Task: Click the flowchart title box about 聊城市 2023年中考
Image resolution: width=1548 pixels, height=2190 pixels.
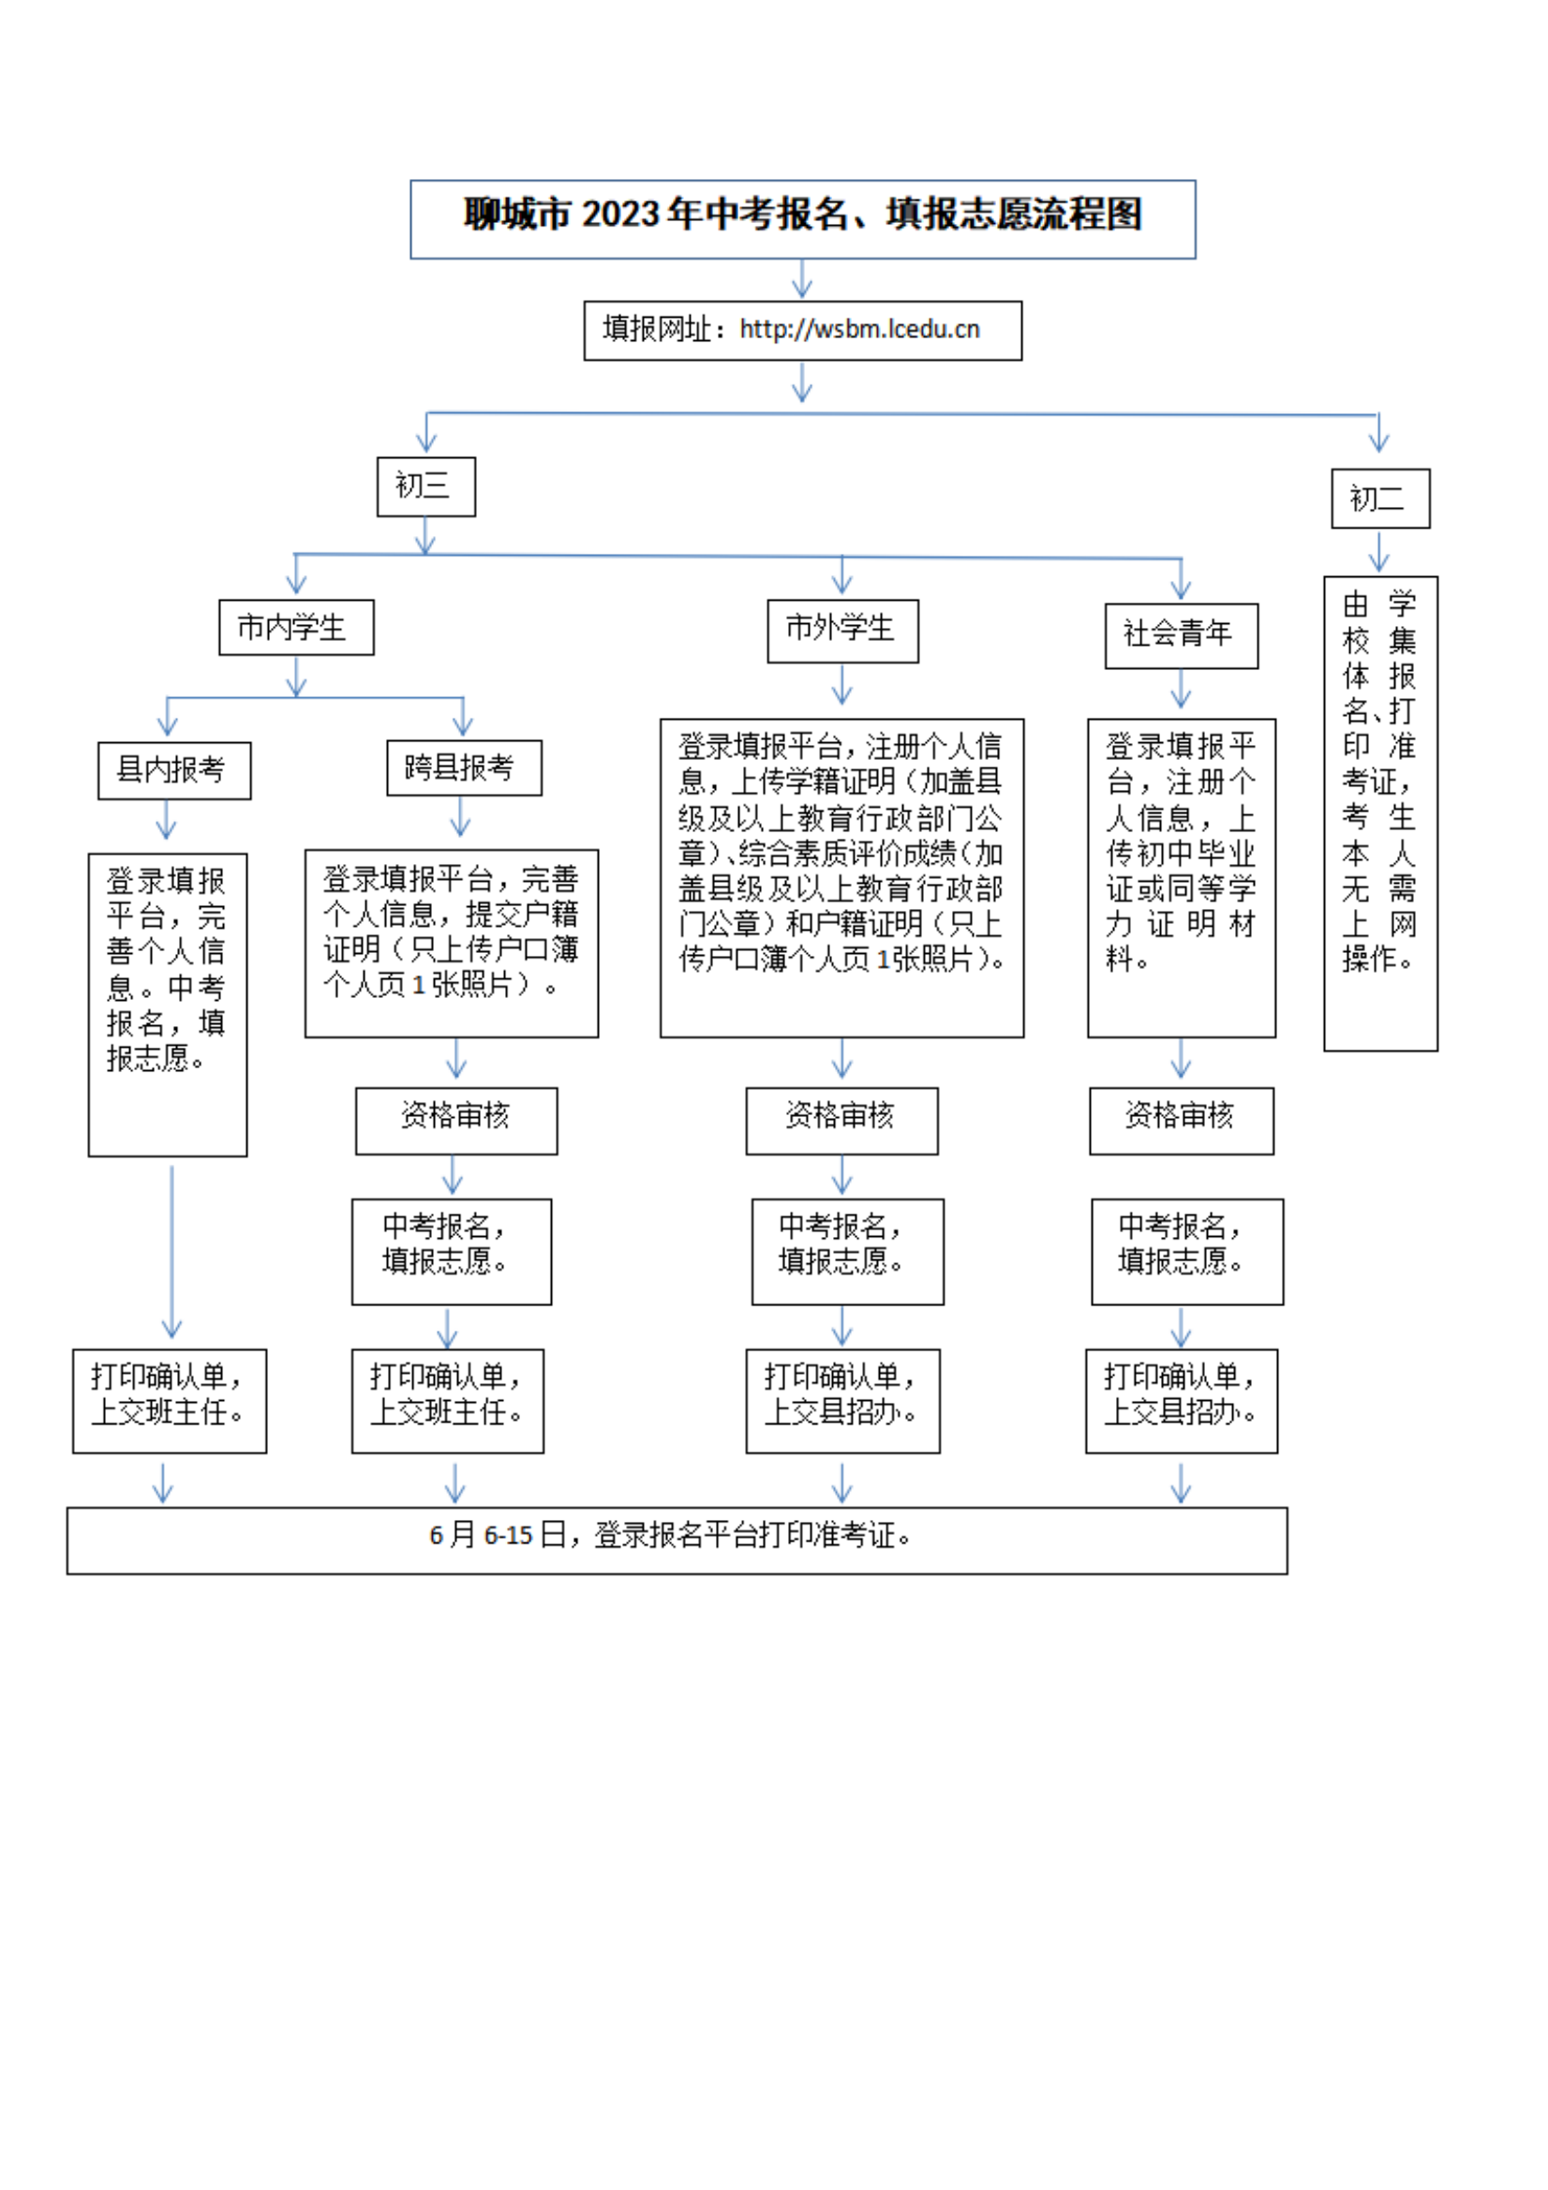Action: coord(802,218)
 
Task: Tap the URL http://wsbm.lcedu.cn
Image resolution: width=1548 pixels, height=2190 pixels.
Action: coord(858,330)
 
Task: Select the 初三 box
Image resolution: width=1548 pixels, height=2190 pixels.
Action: coord(425,486)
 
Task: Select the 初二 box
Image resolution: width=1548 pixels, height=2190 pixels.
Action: coord(1379,498)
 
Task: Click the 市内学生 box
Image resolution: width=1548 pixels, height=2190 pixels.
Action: coord(296,628)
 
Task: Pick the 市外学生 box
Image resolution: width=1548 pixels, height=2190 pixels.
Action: coord(842,631)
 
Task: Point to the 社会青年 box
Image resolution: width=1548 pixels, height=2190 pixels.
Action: coord(1181,635)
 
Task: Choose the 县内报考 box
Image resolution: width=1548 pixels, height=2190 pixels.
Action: coord(173,770)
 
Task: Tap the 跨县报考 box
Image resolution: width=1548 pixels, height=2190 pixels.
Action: coord(464,767)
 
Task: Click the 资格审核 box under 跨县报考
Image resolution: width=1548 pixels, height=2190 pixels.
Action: coord(456,1121)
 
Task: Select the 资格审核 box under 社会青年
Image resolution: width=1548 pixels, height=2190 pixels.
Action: coord(1181,1121)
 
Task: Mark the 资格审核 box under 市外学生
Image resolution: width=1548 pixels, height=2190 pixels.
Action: coord(841,1121)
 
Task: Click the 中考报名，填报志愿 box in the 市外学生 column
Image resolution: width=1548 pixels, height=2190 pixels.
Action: coord(847,1251)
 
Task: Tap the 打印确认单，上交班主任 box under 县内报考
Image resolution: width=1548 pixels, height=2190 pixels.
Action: coord(169,1400)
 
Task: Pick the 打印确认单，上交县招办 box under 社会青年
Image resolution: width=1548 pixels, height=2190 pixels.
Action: coord(1181,1400)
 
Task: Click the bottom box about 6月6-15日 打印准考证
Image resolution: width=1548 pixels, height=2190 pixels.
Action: coord(677,1541)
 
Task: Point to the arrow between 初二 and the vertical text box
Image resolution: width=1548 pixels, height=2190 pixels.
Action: coord(1379,551)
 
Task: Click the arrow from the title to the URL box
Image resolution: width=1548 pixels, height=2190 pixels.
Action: coord(802,279)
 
